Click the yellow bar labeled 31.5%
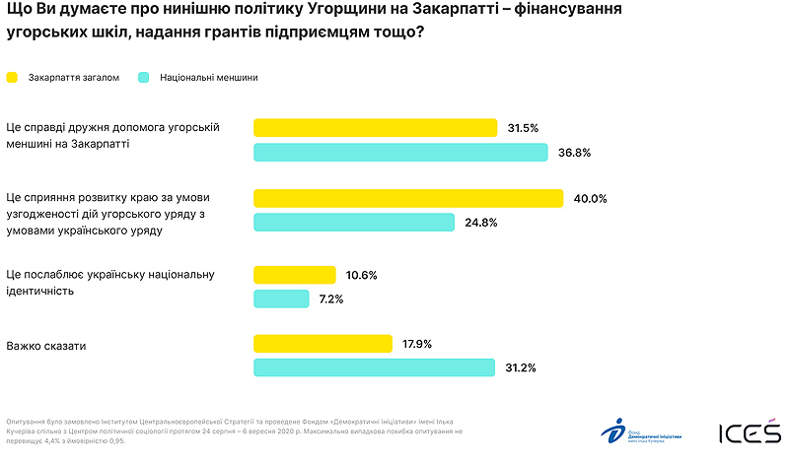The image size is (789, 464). (x=375, y=128)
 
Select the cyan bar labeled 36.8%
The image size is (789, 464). (x=400, y=153)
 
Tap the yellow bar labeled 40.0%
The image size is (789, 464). (x=408, y=198)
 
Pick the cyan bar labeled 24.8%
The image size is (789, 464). (x=354, y=223)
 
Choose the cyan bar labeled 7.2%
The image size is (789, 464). (x=282, y=298)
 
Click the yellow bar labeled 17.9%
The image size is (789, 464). (x=323, y=344)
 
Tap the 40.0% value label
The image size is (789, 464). (x=590, y=198)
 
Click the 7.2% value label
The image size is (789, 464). (x=330, y=298)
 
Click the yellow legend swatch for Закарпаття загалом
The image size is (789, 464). (x=13, y=77)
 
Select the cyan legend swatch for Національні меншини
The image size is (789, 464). (x=144, y=77)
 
